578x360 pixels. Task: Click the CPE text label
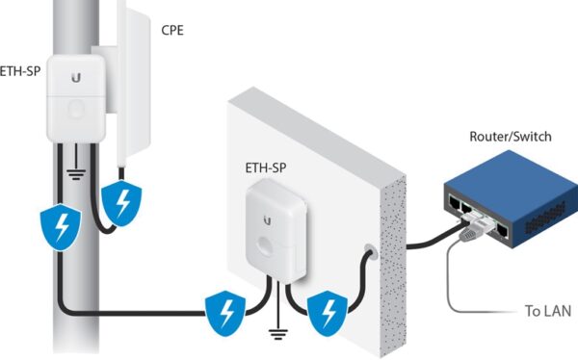172,30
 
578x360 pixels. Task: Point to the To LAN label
547,311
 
